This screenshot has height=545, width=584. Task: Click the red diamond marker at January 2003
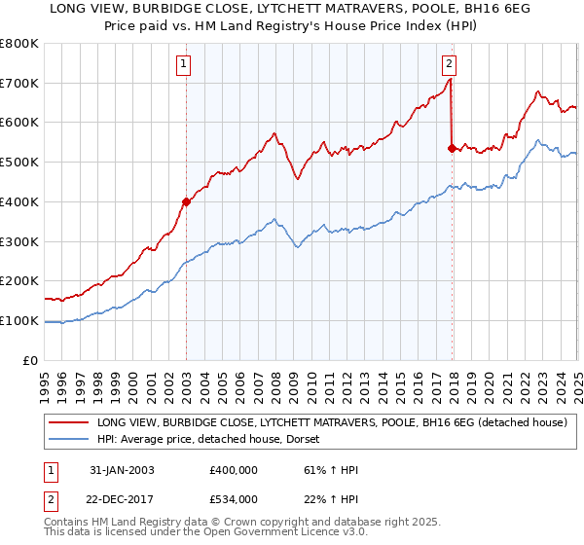click(186, 201)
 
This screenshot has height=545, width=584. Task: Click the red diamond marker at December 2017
click(451, 148)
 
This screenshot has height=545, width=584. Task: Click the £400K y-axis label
click(21, 202)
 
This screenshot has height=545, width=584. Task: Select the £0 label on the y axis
click(31, 360)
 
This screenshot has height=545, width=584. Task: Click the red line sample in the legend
click(67, 423)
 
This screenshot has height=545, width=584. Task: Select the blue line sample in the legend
click(67, 440)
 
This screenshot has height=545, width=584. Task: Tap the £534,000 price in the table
click(233, 499)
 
